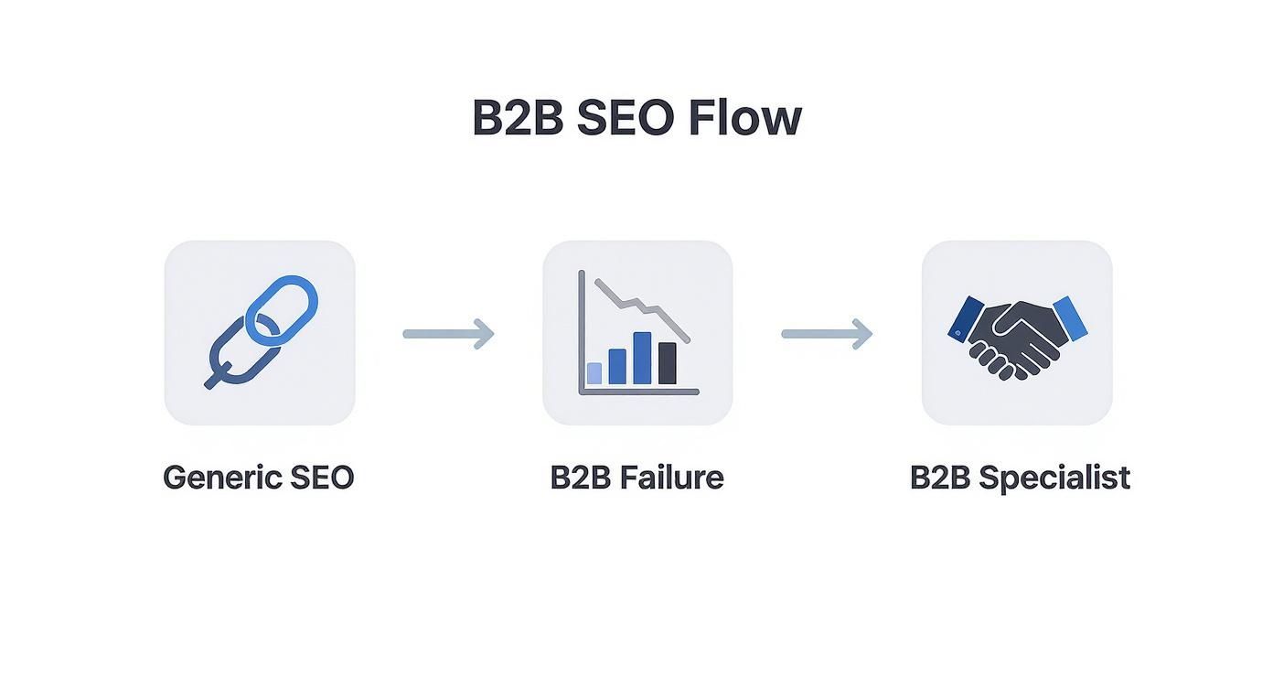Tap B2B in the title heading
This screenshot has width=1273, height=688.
click(517, 118)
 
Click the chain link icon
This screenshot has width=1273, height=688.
click(261, 332)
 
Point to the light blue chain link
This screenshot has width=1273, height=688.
click(283, 309)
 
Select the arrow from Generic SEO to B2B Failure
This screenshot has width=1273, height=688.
click(448, 334)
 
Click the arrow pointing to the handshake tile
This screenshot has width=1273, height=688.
click(827, 334)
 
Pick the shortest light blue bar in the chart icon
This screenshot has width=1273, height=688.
click(594, 372)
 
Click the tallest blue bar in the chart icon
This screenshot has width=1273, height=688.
click(643, 357)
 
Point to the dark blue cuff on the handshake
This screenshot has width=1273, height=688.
click(966, 318)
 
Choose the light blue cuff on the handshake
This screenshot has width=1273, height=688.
click(1070, 317)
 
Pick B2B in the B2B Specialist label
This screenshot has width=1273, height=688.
click(939, 478)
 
